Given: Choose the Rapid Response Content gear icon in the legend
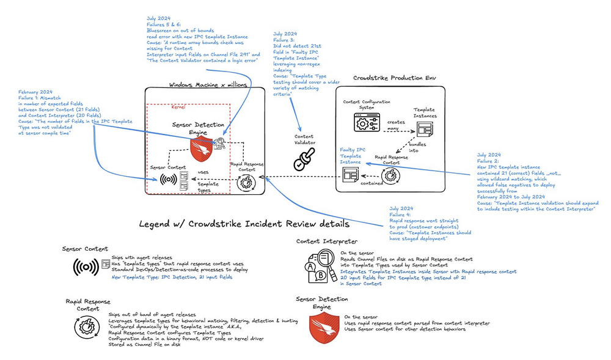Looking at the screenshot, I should point(84,328).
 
